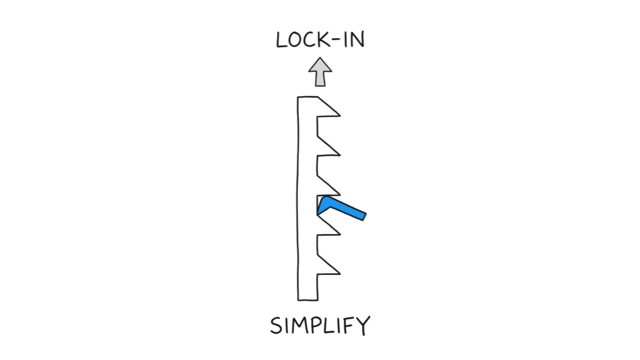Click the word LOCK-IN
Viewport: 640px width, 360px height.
pos(320,40)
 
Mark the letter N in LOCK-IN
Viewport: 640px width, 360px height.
pos(357,40)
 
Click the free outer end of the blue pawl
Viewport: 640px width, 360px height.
pos(362,217)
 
